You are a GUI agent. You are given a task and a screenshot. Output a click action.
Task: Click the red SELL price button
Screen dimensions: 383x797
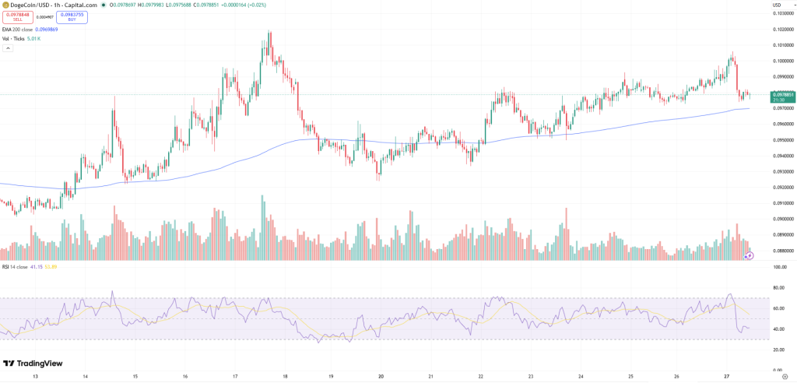click(x=17, y=16)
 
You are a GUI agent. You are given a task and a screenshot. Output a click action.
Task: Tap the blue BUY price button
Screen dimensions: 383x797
click(x=72, y=16)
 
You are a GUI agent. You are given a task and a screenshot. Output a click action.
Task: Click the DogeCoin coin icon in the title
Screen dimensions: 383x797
click(x=5, y=5)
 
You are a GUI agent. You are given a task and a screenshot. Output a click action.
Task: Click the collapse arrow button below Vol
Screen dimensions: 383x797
click(x=8, y=47)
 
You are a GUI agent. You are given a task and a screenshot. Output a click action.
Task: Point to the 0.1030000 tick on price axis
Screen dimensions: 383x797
click(x=782, y=12)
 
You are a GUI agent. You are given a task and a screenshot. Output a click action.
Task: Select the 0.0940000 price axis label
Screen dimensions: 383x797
click(x=782, y=156)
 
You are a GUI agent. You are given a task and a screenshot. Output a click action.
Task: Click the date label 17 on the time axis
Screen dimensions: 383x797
click(x=235, y=376)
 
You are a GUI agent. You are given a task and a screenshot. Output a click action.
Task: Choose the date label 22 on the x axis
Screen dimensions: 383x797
click(x=481, y=376)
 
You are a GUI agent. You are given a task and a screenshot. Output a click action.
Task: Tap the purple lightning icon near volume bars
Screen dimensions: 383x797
click(x=750, y=255)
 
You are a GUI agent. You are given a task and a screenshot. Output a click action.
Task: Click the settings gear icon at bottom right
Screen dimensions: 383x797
click(x=785, y=376)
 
